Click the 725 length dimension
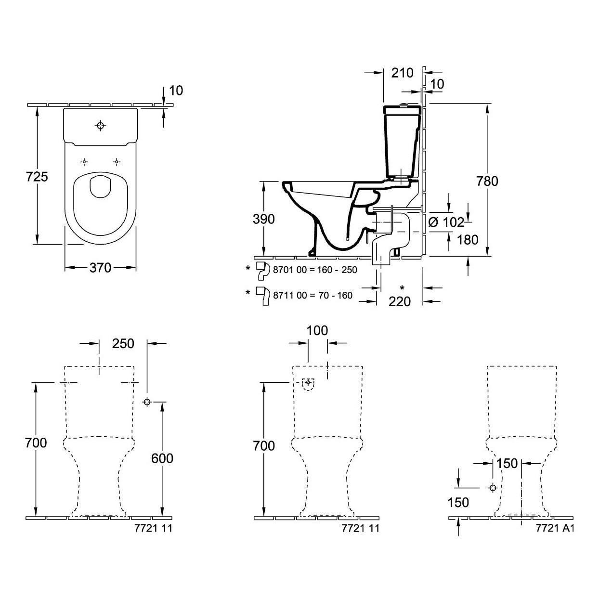[x=37, y=177]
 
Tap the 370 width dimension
[x=100, y=268]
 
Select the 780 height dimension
[x=487, y=181]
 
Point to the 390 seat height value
[x=263, y=219]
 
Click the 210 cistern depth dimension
[x=402, y=73]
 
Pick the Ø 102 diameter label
[x=446, y=222]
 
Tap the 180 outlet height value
[x=468, y=240]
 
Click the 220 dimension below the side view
[x=400, y=301]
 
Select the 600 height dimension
[x=162, y=458]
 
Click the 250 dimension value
[x=123, y=343]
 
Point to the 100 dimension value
[x=317, y=331]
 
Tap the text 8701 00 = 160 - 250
[x=315, y=270]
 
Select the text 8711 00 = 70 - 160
[x=313, y=295]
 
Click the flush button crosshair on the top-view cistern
[x=100, y=126]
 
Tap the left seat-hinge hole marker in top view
[x=84, y=162]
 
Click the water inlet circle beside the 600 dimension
[x=147, y=402]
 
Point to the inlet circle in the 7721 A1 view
[x=493, y=488]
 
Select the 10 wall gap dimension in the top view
[x=176, y=91]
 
